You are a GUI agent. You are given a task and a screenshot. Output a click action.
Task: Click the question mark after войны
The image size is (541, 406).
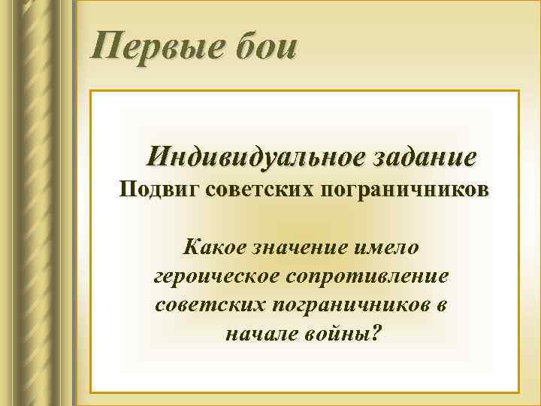pos(376,332)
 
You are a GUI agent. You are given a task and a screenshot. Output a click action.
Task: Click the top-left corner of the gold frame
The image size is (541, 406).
pos(91,92)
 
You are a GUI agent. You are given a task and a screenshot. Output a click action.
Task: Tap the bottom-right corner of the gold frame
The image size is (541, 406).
pos(518,392)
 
